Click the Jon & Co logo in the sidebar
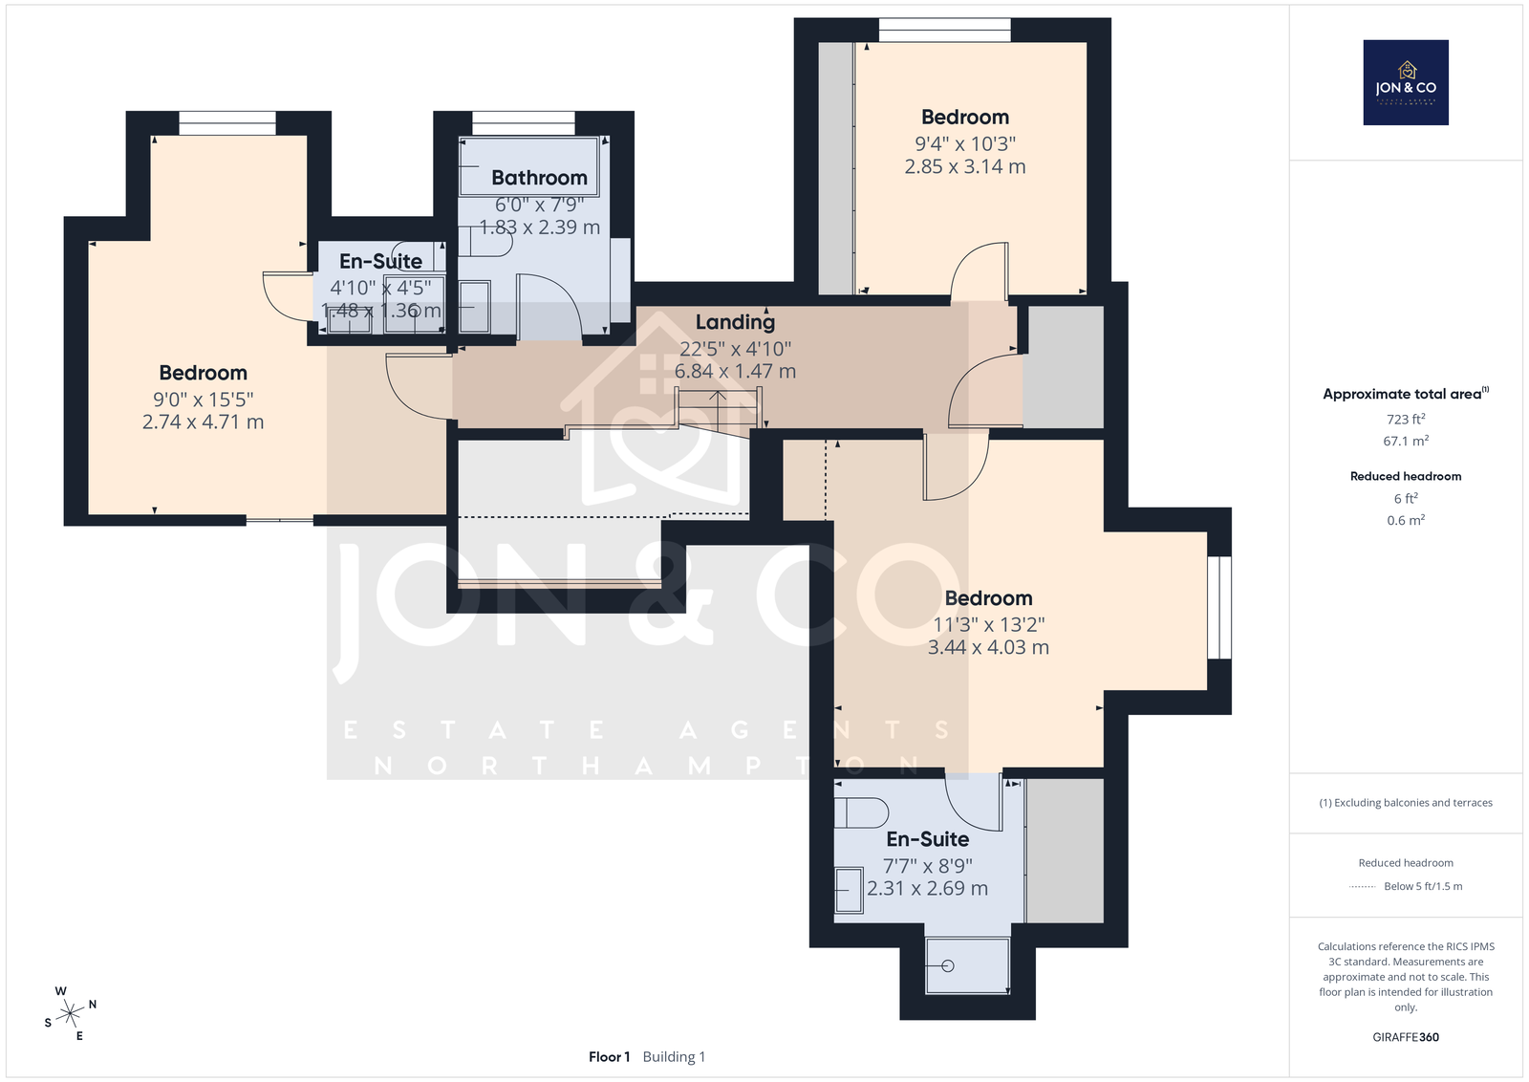point(1406,82)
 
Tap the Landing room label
point(735,322)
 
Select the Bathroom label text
point(539,178)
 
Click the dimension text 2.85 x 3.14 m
point(965,166)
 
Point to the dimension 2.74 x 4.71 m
point(203,422)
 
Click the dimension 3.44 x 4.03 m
point(988,647)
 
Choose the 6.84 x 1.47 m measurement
point(735,372)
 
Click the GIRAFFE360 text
point(1406,1037)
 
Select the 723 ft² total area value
point(1406,420)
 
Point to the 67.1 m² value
point(1406,441)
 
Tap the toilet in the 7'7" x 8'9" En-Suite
point(861,813)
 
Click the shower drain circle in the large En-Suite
point(947,966)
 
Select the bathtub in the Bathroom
point(528,166)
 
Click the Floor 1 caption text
point(609,1057)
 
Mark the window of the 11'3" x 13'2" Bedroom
point(1219,608)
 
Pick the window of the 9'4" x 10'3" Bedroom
point(945,30)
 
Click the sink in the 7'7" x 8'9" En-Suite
point(850,890)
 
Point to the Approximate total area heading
point(1406,394)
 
